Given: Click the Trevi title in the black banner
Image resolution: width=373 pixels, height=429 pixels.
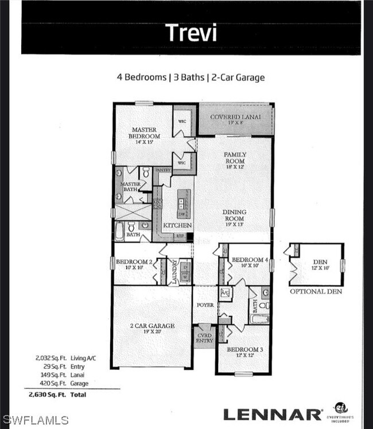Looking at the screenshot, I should click(x=191, y=33).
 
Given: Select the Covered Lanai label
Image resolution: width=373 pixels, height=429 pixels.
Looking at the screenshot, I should click(x=236, y=118).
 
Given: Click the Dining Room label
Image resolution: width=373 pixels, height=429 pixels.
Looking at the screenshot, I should click(x=234, y=215).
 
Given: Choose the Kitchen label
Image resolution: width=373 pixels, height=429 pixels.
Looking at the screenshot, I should click(x=177, y=225).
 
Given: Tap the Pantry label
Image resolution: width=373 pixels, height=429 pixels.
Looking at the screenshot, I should click(x=163, y=170).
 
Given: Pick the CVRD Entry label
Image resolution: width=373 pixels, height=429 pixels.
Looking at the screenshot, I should click(x=204, y=338).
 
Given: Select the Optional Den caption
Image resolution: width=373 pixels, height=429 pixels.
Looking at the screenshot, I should click(x=315, y=291).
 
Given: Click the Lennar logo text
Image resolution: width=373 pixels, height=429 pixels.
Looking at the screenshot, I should click(x=272, y=414).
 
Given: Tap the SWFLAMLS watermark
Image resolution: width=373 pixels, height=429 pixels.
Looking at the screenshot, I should click(x=36, y=420).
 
